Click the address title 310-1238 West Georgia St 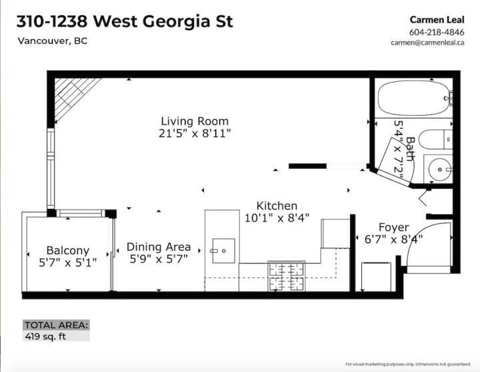click(125, 21)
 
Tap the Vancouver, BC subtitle click(52, 41)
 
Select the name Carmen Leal click(435, 19)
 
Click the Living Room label click(195, 121)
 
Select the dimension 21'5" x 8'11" click(195, 133)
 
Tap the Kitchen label click(277, 206)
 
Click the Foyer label click(394, 227)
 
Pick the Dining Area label click(159, 247)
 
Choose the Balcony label click(67, 250)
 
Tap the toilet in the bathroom click(439, 140)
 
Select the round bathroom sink click(439, 170)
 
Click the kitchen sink click(223, 251)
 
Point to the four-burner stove click(286, 276)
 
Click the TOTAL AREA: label click(56, 325)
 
